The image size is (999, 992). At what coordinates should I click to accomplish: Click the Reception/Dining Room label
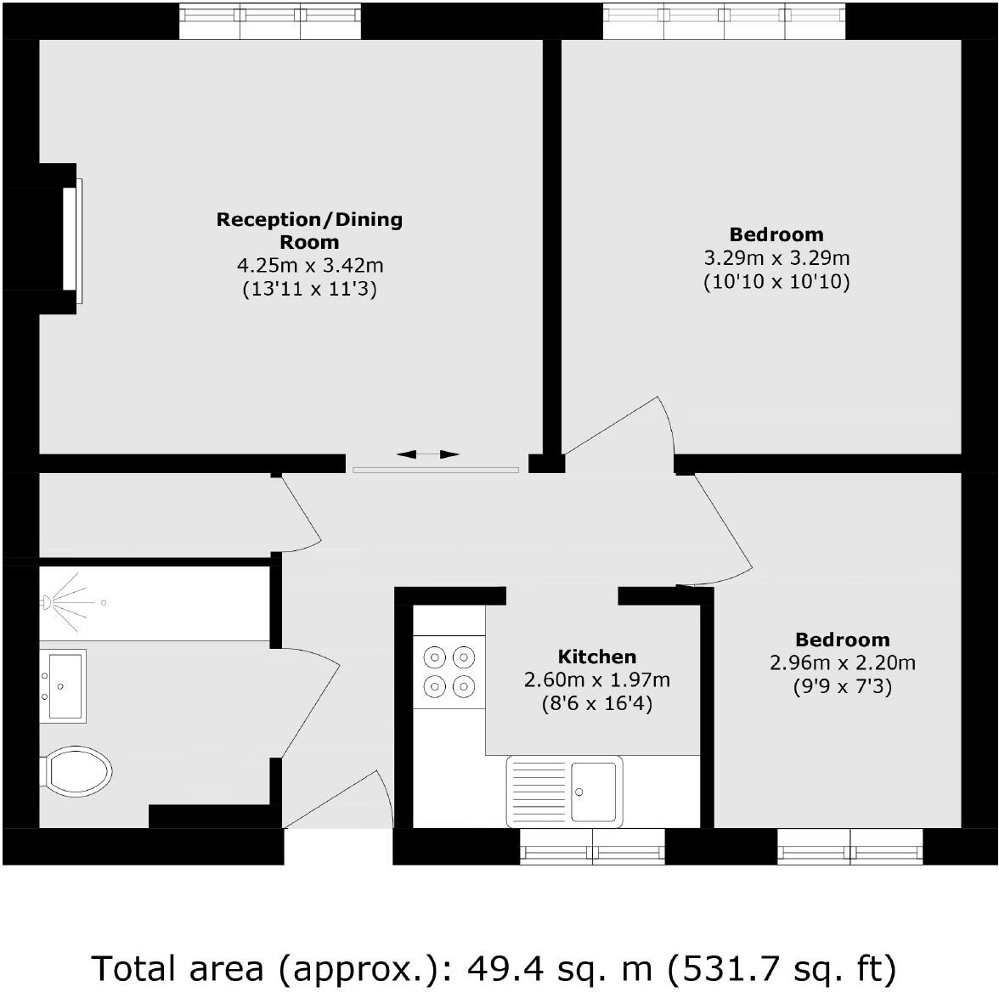coord(309,230)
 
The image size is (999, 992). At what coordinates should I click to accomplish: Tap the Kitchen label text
coord(596,657)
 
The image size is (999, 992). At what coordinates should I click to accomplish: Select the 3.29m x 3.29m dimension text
coord(776,257)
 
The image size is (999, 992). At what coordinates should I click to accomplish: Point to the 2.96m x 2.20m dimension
coord(842,662)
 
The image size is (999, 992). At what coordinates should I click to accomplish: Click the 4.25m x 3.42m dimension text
coord(309,266)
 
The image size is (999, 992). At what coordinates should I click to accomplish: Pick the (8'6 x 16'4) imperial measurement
coord(596,703)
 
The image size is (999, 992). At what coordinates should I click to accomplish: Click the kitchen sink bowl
coord(593,792)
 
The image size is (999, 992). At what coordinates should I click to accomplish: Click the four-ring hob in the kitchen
coord(449,671)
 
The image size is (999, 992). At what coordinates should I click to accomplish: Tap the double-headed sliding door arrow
coord(428,455)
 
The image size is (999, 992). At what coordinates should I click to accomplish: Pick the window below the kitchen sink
coord(592,847)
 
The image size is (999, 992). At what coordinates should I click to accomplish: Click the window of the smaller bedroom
coord(849,847)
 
